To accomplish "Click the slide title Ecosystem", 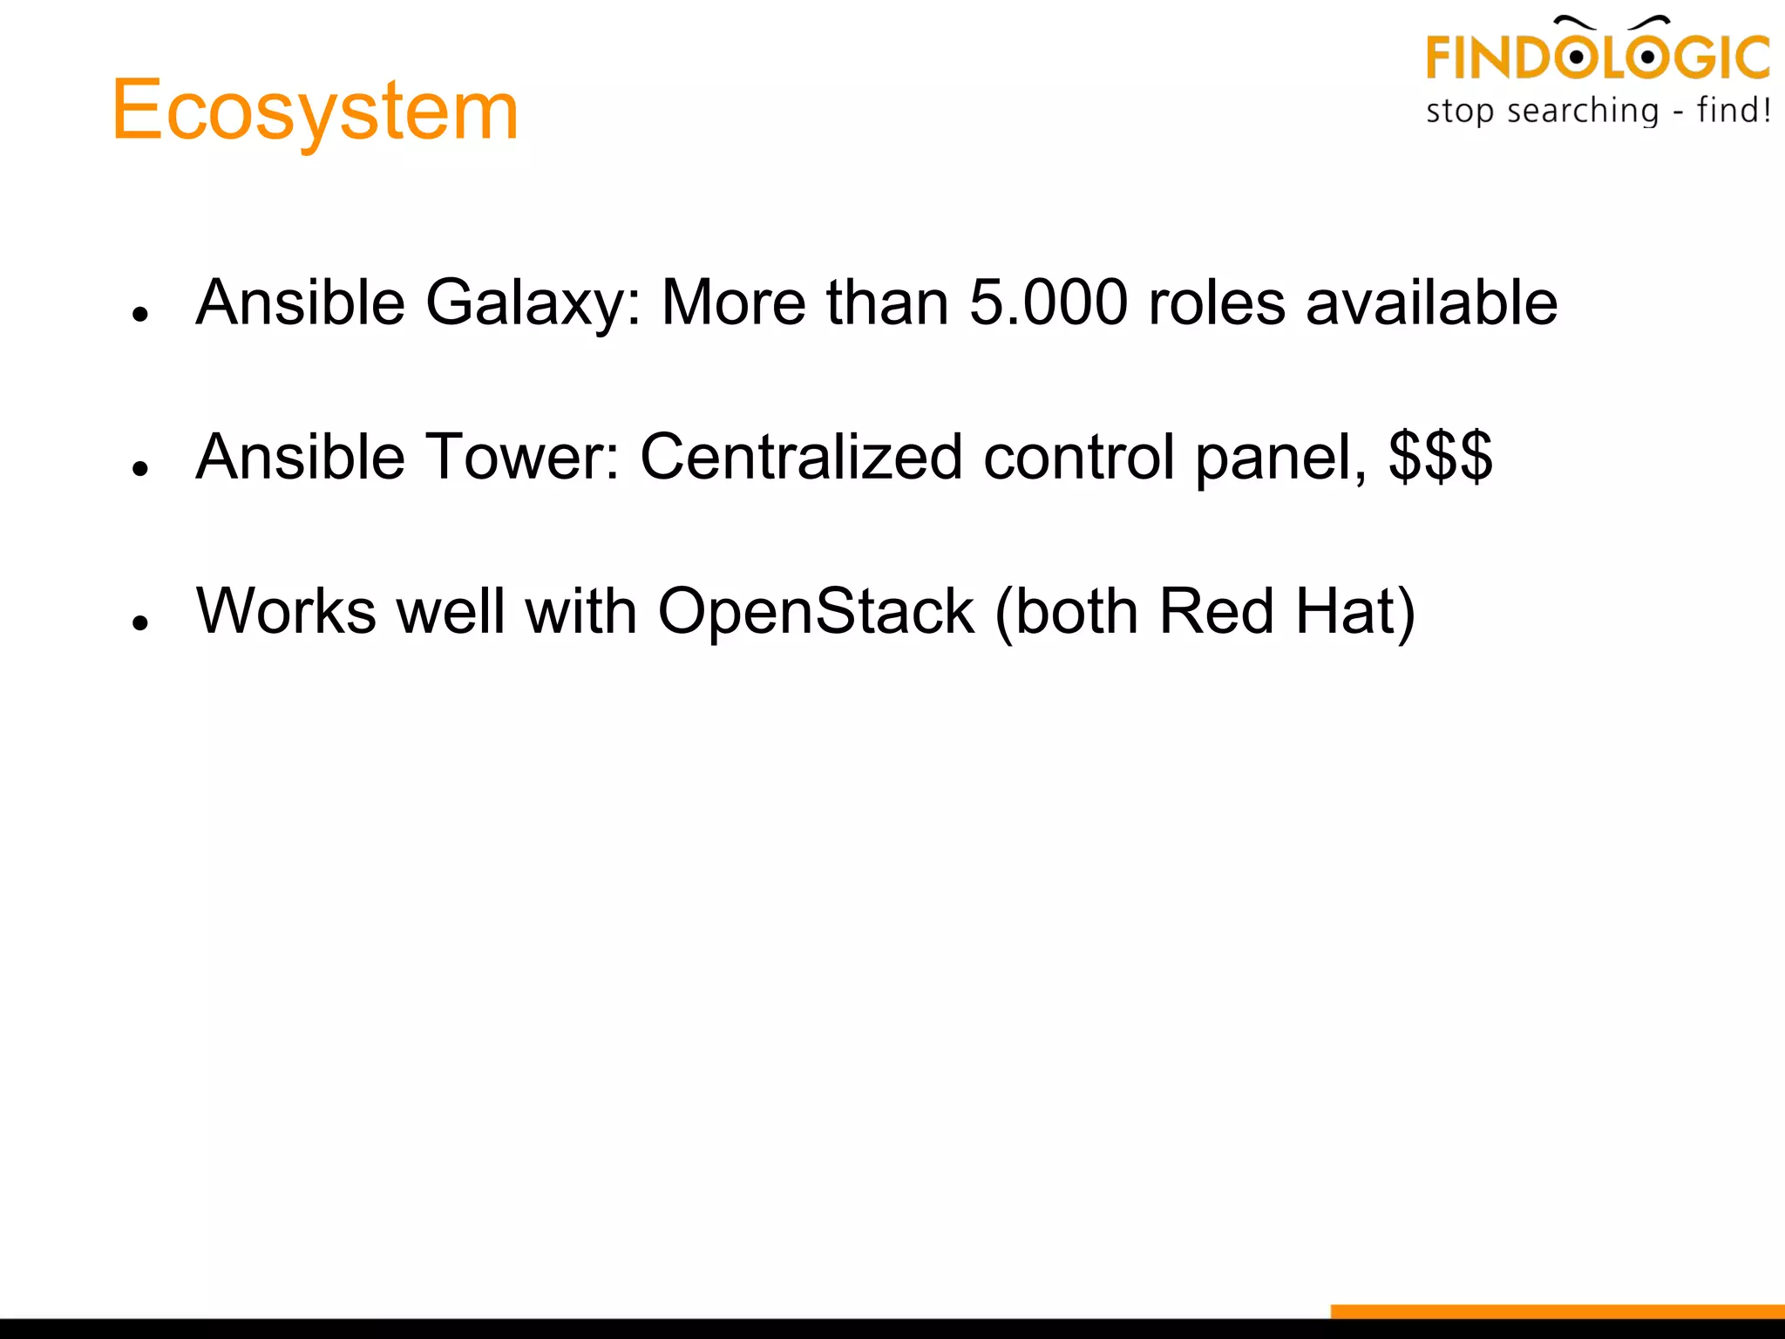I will pyautogui.click(x=316, y=110).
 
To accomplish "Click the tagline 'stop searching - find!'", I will pyautogui.click(x=1597, y=112).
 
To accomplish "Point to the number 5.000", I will pyautogui.click(x=1048, y=302).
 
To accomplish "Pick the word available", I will pyautogui.click(x=1431, y=302).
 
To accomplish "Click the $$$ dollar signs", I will pyautogui.click(x=1440, y=457).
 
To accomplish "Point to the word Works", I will pyautogui.click(x=286, y=610).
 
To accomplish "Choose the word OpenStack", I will pyautogui.click(x=816, y=612).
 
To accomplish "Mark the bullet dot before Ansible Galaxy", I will pyautogui.click(x=140, y=314).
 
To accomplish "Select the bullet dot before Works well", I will pyautogui.click(x=140, y=622).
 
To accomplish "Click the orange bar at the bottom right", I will pyautogui.click(x=1557, y=1311).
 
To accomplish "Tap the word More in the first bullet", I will pyautogui.click(x=734, y=302).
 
